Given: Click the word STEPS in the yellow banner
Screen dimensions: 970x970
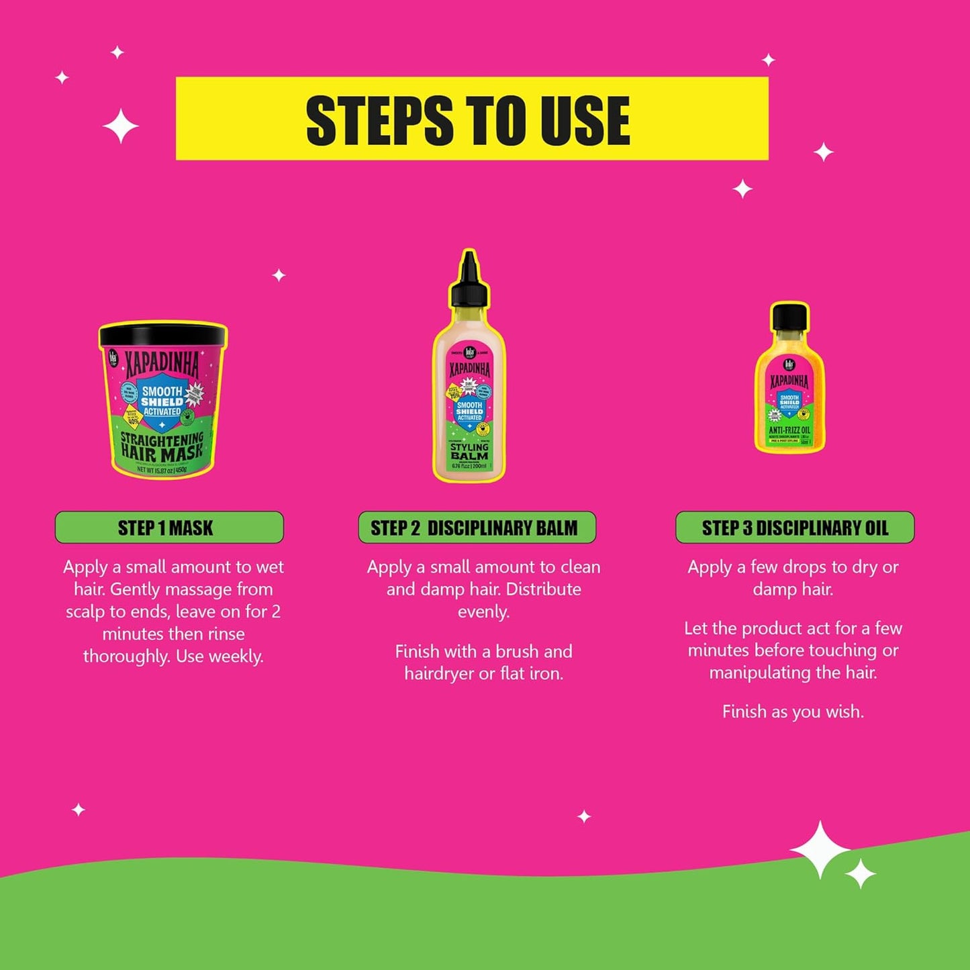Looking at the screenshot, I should pyautogui.click(x=380, y=121).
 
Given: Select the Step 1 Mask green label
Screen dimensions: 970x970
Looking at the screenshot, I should pyautogui.click(x=169, y=528).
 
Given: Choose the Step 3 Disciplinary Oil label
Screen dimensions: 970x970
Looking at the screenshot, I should pyautogui.click(x=795, y=528).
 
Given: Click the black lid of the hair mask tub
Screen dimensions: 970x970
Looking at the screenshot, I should pyautogui.click(x=163, y=333).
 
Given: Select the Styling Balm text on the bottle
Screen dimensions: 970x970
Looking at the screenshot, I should pyautogui.click(x=469, y=451).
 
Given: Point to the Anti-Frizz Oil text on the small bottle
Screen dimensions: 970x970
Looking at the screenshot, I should pyautogui.click(x=789, y=430).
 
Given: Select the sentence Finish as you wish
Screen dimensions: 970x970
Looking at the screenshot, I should pyautogui.click(x=793, y=712).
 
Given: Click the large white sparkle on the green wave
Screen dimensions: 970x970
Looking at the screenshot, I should pyautogui.click(x=820, y=849).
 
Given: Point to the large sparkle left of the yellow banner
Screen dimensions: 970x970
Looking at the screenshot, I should pyautogui.click(x=121, y=126).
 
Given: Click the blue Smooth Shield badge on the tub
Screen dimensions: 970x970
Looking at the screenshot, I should pyautogui.click(x=161, y=401).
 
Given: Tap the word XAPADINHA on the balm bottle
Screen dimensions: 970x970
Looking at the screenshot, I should pyautogui.click(x=469, y=369).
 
